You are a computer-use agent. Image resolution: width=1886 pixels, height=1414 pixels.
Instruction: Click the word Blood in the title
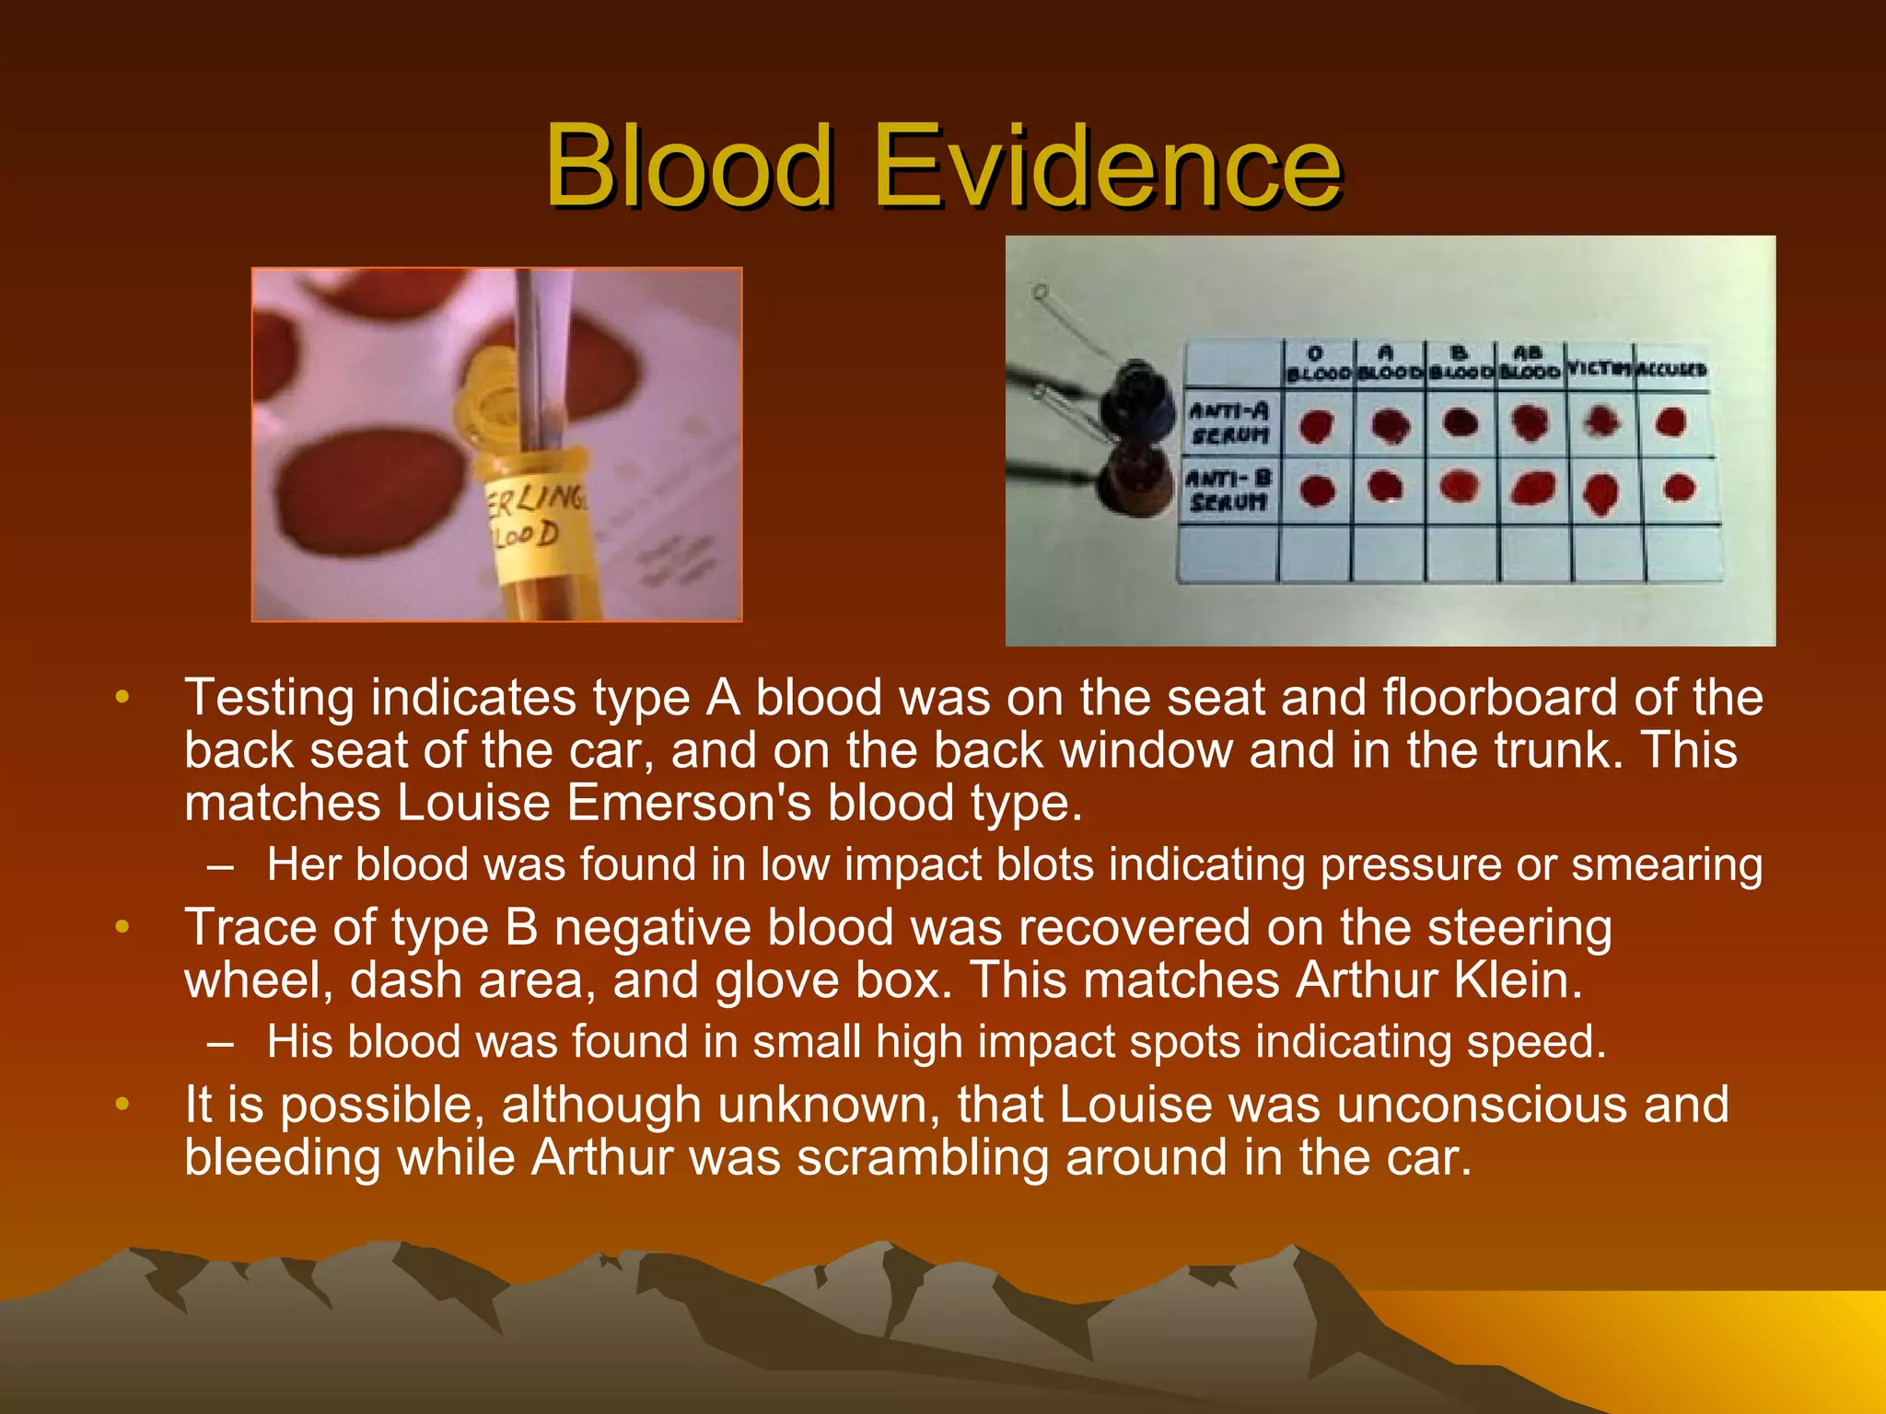[x=689, y=167]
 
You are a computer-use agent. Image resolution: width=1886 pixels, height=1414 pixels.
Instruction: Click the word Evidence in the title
[x=1105, y=167]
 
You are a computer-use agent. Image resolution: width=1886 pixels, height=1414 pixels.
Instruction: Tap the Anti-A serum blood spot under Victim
[x=1602, y=422]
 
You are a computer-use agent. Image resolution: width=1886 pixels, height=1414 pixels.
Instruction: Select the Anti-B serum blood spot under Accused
[x=1679, y=487]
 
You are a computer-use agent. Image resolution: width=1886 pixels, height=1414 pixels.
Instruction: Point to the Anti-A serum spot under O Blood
[x=1317, y=426]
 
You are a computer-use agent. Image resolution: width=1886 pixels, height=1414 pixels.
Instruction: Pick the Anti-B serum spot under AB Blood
[x=1533, y=488]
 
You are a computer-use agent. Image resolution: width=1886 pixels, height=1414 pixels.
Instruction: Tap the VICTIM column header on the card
[x=1600, y=369]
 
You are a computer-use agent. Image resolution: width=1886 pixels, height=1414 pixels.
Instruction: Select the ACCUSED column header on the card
[x=1671, y=369]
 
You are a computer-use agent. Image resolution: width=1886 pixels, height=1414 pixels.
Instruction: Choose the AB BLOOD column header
[x=1529, y=363]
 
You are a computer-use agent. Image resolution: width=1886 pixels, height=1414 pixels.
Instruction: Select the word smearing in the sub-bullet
[x=1667, y=865]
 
